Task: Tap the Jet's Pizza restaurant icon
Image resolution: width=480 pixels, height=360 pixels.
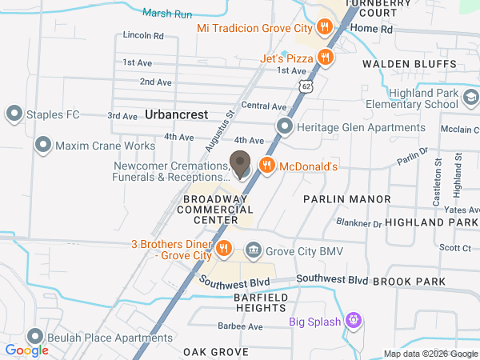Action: tap(325, 58)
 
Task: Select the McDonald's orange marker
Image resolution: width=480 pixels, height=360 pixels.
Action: tap(267, 166)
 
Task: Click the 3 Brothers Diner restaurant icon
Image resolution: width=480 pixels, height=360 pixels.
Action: tap(225, 248)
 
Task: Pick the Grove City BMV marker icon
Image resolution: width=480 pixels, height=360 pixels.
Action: tap(254, 250)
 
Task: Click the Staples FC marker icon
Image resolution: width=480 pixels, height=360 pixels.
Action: tap(13, 114)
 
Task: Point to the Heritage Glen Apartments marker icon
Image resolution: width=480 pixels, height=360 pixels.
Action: tap(284, 126)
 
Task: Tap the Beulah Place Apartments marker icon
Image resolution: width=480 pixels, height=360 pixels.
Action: tap(34, 337)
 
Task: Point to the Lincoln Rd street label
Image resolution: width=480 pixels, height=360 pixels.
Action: tap(143, 36)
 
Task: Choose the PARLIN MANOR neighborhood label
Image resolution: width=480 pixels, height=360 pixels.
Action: tap(346, 198)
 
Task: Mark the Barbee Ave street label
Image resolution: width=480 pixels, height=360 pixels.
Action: tap(240, 326)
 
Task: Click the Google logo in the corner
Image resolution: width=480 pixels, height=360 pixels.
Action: tap(26, 350)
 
